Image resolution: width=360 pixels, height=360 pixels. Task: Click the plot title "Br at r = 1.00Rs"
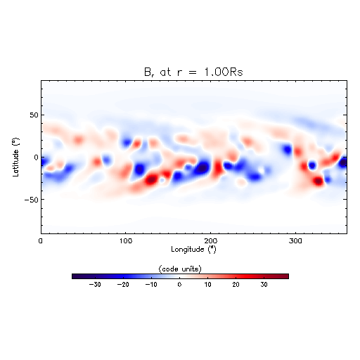[x=193, y=72]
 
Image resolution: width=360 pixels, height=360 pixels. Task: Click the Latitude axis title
[x=15, y=157]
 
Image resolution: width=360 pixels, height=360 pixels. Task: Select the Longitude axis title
[x=193, y=249]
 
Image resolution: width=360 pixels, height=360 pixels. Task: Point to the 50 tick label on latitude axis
[x=34, y=115]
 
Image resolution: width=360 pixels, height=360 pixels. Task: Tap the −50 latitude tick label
[x=31, y=200]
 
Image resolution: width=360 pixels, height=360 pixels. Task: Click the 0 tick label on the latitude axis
[x=36, y=157]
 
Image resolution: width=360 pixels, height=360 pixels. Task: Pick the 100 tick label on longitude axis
[x=126, y=241]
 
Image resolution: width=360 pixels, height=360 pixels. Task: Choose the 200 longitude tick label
[x=210, y=241]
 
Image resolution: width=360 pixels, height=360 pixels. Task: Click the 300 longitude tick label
[x=295, y=241]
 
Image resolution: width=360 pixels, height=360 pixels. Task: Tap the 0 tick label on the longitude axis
[x=41, y=241]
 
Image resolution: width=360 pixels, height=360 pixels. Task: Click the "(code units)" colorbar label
[x=180, y=269]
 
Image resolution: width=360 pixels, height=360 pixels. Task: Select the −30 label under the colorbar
[x=95, y=285]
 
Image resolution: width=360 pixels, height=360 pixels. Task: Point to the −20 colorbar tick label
[x=123, y=285]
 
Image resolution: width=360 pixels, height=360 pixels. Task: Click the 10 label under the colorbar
[x=207, y=285]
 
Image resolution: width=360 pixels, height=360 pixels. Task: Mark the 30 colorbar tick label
[x=264, y=285]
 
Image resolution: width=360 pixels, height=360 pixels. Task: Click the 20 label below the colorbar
[x=236, y=285]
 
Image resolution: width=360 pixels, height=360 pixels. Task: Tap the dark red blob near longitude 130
[x=151, y=180]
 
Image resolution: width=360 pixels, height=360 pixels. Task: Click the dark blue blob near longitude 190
[x=202, y=168]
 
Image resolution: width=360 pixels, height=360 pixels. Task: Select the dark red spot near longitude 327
[x=319, y=181]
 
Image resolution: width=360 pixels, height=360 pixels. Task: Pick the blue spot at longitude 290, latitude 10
[x=287, y=149]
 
